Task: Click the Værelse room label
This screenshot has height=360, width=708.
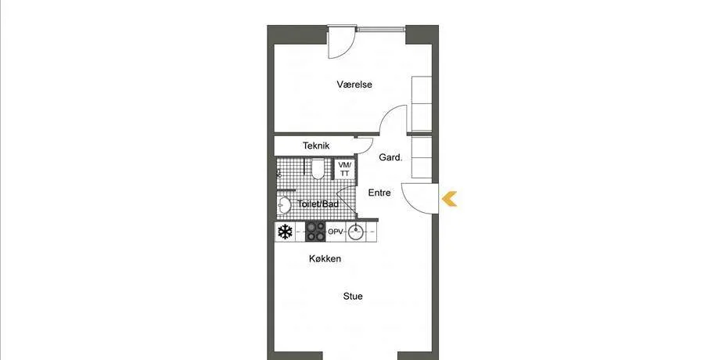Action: point(354,85)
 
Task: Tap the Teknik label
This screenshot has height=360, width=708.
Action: point(316,146)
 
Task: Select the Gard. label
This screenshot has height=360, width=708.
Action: point(390,157)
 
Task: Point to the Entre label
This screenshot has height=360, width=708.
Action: point(379,193)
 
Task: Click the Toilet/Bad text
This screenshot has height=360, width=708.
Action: point(318,204)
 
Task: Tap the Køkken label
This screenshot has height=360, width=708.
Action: point(325,259)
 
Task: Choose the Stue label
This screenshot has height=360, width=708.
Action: point(353,297)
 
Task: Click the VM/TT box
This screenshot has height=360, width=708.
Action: point(344,169)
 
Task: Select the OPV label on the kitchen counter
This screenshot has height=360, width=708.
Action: point(336,232)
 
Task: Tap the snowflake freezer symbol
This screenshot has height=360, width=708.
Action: point(285,232)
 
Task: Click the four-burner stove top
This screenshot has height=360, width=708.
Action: point(315,232)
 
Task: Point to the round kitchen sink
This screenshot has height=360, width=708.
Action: point(356,232)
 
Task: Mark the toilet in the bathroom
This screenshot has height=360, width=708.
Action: point(318,168)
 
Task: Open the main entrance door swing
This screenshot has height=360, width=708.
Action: point(420,198)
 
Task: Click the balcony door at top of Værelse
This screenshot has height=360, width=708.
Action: point(342,42)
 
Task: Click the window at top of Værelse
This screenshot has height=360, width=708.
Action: point(382,30)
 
